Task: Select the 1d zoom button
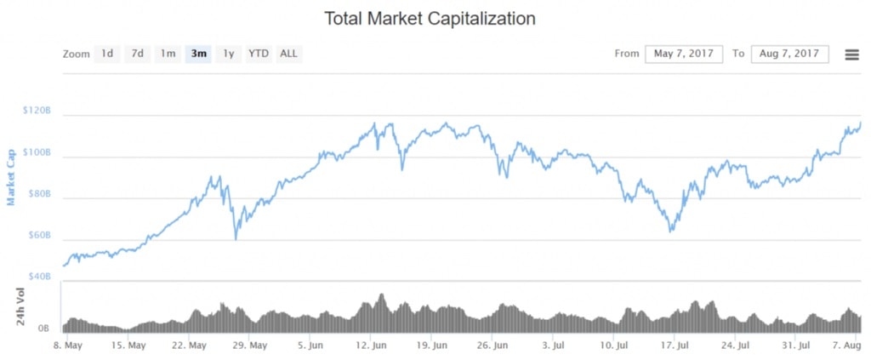107,54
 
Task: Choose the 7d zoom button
138,54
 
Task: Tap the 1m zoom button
168,54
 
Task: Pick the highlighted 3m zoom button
199,54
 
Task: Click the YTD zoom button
259,54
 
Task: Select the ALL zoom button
289,54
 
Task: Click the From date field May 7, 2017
684,54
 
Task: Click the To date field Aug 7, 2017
789,54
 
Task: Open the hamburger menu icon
851,54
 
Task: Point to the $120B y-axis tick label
38,111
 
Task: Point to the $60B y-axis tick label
40,235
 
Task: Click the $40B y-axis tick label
40,277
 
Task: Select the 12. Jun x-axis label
372,346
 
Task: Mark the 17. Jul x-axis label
675,346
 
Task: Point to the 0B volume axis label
43,328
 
